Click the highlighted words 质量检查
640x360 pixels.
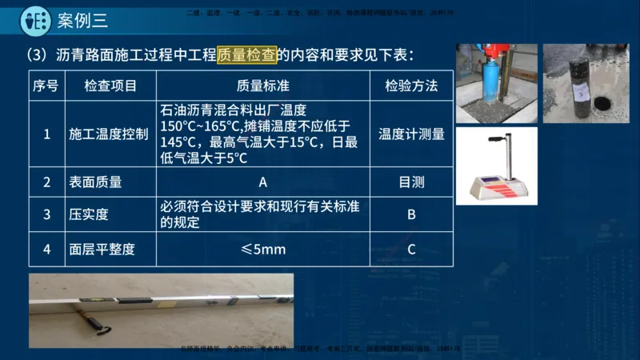(246, 55)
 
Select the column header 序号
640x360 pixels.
(46, 86)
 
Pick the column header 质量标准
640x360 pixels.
(263, 86)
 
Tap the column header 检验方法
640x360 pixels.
(411, 86)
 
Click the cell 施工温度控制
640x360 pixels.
(108, 134)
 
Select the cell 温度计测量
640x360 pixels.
(411, 134)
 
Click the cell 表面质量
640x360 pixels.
(95, 182)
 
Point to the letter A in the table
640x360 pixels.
(262, 182)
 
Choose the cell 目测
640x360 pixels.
(411, 182)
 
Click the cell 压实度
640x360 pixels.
(89, 214)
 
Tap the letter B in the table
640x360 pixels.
(411, 214)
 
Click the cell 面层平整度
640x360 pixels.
(102, 250)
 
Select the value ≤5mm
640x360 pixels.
(262, 250)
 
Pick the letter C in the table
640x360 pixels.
(411, 250)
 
